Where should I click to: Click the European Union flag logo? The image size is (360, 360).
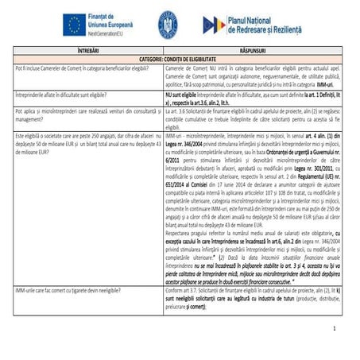[x=73, y=25]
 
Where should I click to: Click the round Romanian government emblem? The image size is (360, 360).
[x=168, y=24]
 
